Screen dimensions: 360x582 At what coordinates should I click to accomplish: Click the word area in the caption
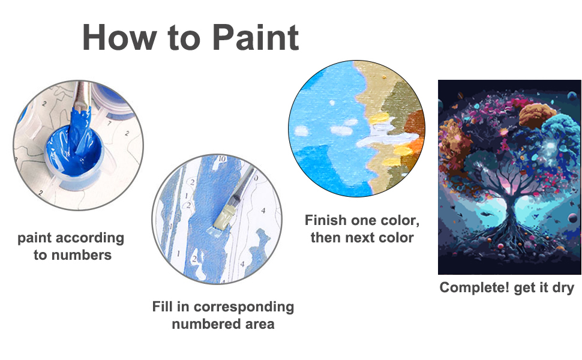[x=259, y=324]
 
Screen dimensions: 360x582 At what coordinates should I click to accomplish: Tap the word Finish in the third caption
[x=327, y=220]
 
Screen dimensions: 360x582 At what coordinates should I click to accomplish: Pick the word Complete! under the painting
[x=475, y=288]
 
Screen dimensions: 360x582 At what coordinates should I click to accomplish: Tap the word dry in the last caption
[x=562, y=288]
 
